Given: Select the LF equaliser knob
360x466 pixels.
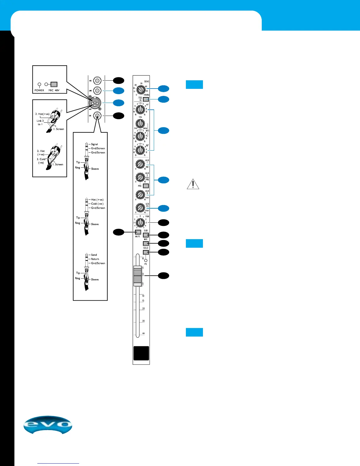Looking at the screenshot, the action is pyautogui.click(x=140, y=150).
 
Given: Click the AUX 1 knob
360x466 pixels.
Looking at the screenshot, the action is pyautogui.click(x=140, y=164).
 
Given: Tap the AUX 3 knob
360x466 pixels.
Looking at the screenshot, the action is pyautogui.click(x=140, y=194).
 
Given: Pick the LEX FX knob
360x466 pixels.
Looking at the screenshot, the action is pyautogui.click(x=140, y=208).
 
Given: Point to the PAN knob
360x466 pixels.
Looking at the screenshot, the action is pyautogui.click(x=140, y=223).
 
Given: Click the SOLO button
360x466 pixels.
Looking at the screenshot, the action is pyautogui.click(x=146, y=252).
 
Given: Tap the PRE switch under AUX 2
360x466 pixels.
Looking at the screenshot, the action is pyautogui.click(x=146, y=186).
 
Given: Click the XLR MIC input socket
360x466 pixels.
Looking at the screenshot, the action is pyautogui.click(x=97, y=103).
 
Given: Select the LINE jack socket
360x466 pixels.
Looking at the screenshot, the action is pyautogui.click(x=97, y=90).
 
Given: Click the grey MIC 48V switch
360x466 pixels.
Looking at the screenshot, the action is pyautogui.click(x=54, y=84).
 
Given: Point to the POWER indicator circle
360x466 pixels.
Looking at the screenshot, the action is pyautogui.click(x=39, y=84).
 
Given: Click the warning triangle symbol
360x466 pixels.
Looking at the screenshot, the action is pyautogui.click(x=193, y=184).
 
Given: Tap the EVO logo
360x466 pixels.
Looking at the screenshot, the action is pyautogui.click(x=48, y=425).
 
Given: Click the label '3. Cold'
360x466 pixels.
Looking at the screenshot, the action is pyautogui.click(x=41, y=159).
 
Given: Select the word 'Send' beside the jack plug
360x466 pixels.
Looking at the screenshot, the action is pyautogui.click(x=94, y=255).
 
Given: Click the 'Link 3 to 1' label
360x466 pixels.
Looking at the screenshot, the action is pyautogui.click(x=40, y=122).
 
